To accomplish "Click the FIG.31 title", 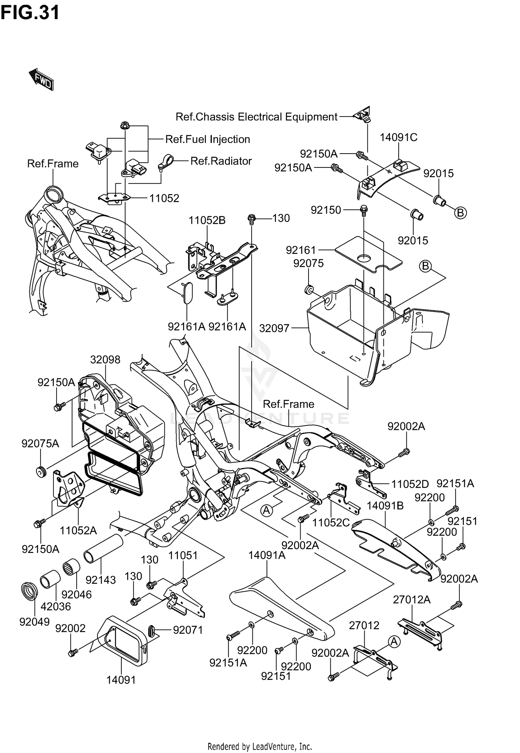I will [30, 13].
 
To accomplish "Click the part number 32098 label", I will [105, 360].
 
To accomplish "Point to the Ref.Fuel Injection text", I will [207, 139].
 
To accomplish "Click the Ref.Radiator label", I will [221, 161].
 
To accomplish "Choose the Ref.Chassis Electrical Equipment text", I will [256, 117].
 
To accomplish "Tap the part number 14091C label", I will [398, 137].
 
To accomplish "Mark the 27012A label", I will [411, 599].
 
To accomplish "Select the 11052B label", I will [207, 220].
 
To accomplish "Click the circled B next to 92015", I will [460, 213].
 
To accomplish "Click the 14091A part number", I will [267, 555].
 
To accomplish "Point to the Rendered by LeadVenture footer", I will [260, 746].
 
